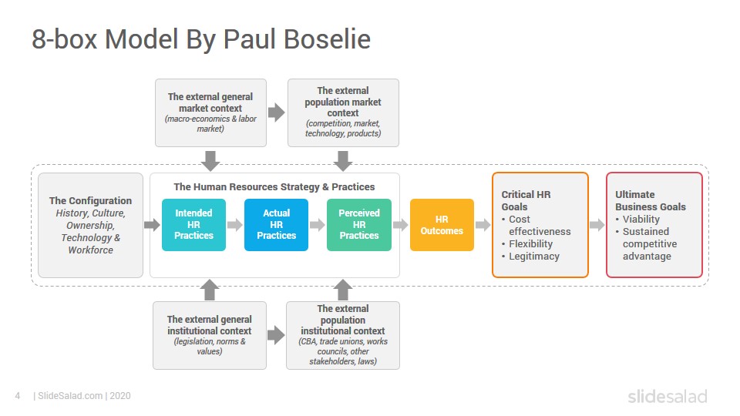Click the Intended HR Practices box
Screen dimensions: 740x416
click(193, 224)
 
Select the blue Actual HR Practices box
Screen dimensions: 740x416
click(276, 224)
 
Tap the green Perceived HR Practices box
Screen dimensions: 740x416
click(359, 224)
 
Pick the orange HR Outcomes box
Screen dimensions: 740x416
click(442, 224)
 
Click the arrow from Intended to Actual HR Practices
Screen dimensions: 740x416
click(235, 225)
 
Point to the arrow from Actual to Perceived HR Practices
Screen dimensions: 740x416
click(318, 225)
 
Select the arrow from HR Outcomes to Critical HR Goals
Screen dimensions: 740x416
click(483, 225)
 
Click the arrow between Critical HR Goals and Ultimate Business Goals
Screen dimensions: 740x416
click(597, 225)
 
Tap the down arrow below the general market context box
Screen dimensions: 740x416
click(210, 161)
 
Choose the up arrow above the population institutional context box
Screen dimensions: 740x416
click(343, 290)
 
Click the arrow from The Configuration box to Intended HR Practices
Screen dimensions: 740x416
click(152, 225)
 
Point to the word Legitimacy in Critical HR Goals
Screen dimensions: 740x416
click(533, 257)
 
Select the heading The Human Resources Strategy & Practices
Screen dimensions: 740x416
click(274, 186)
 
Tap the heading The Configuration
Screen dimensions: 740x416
click(91, 200)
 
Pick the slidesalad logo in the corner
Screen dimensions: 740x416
click(668, 396)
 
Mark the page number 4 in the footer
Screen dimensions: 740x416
click(18, 396)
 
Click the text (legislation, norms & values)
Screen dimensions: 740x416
click(210, 346)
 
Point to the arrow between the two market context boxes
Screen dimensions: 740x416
click(277, 112)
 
